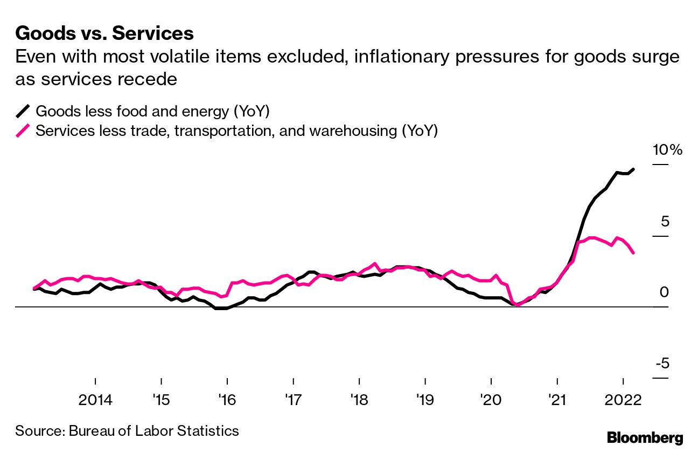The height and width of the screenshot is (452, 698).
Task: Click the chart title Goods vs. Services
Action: point(104,33)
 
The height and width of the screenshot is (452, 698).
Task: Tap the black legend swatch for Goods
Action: point(23,112)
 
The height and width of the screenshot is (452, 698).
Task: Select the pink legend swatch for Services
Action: point(23,131)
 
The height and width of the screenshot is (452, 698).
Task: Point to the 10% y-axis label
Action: point(667,150)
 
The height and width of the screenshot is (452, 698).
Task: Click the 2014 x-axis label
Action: point(95,401)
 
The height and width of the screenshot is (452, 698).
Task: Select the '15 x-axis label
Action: point(161,401)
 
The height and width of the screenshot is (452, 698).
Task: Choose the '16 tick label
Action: point(227,401)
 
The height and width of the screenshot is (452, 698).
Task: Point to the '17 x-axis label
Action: point(292,401)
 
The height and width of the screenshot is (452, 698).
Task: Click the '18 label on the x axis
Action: point(359,401)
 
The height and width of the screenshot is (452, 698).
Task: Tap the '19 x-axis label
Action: point(424,401)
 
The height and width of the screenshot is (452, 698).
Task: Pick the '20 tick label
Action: point(491,401)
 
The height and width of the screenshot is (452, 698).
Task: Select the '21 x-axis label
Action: point(556,401)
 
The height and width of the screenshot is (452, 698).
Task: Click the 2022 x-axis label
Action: point(623,401)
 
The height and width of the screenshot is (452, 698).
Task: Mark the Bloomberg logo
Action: point(645,437)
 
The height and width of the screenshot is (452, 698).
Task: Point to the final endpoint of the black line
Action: point(633,169)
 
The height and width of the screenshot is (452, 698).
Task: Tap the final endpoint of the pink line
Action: point(633,253)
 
